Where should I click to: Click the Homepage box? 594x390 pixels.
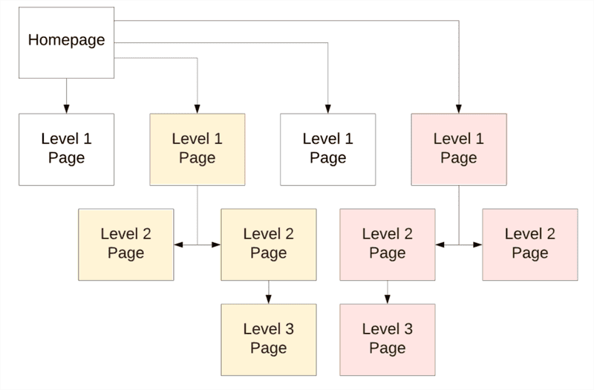pyautogui.click(x=66, y=42)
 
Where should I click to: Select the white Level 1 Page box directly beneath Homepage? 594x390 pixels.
pyautogui.click(x=66, y=149)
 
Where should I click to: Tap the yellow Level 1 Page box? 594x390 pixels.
pyautogui.click(x=198, y=149)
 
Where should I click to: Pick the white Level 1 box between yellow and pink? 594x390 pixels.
pyautogui.click(x=327, y=149)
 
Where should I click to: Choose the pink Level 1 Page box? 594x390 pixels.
pyautogui.click(x=459, y=149)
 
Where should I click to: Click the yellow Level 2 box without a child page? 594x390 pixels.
pyautogui.click(x=125, y=244)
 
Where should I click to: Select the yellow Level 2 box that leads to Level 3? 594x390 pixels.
pyautogui.click(x=269, y=244)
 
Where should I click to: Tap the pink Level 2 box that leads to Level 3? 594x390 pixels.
pyautogui.click(x=388, y=244)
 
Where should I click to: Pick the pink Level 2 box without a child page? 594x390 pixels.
pyautogui.click(x=530, y=244)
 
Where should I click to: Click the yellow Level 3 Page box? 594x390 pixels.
pyautogui.click(x=269, y=339)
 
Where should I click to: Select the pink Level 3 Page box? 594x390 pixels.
pyautogui.click(x=388, y=339)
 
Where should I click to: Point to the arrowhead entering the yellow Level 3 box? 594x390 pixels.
pyautogui.click(x=269, y=299)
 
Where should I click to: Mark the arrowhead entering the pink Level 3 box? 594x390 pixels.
pyautogui.click(x=388, y=299)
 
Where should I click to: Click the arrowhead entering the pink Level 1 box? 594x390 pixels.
pyautogui.click(x=459, y=109)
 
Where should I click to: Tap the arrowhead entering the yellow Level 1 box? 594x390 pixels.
pyautogui.click(x=198, y=109)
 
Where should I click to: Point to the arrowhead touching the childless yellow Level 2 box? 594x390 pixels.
pyautogui.click(x=178, y=244)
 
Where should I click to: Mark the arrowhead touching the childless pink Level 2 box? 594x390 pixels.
pyautogui.click(x=478, y=244)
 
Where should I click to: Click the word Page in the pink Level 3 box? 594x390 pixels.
pyautogui.click(x=388, y=348)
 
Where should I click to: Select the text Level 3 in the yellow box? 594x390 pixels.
pyautogui.click(x=269, y=329)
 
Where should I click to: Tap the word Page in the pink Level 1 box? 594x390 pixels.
pyautogui.click(x=459, y=157)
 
